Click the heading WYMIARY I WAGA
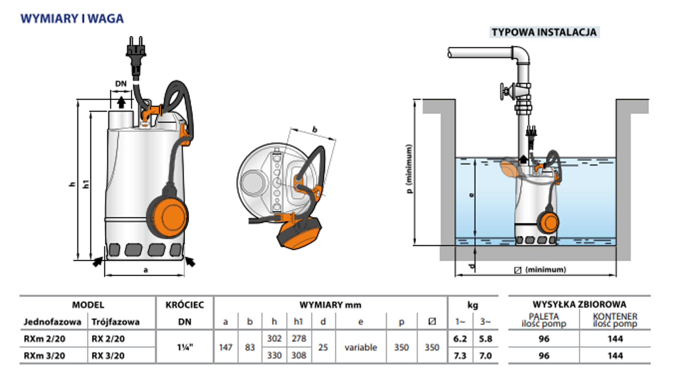click(72, 19)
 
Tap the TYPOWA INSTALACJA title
click(544, 32)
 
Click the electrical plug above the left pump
click(136, 53)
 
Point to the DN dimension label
click(121, 84)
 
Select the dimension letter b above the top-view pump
click(314, 130)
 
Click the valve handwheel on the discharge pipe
click(505, 92)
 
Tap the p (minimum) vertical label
click(409, 169)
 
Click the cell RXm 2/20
click(44, 339)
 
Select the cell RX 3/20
click(108, 356)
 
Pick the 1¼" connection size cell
click(185, 347)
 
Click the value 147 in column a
click(226, 347)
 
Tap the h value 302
click(274, 339)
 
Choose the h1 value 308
click(299, 355)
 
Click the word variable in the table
click(361, 347)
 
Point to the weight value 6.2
click(460, 339)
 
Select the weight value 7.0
click(485, 356)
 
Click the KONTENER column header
click(615, 316)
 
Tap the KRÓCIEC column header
click(185, 305)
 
